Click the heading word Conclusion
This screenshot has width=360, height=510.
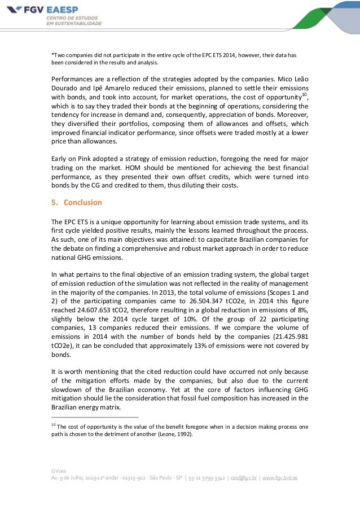pos(82,202)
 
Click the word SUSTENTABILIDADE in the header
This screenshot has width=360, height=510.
pos(74,24)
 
